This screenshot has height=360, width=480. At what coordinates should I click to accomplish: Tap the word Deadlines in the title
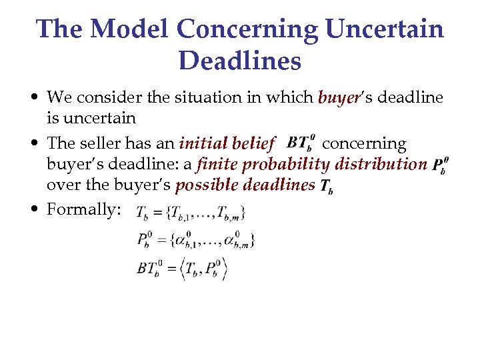click(x=240, y=61)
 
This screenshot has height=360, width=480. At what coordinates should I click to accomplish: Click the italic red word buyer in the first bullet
click(x=339, y=98)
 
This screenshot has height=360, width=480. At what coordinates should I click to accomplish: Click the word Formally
click(x=83, y=209)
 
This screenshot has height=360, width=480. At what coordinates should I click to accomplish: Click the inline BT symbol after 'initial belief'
click(x=299, y=143)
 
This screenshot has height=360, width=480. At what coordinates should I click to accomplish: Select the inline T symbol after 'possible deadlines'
click(x=326, y=187)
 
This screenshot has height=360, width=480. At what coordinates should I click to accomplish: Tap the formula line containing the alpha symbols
click(x=196, y=239)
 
